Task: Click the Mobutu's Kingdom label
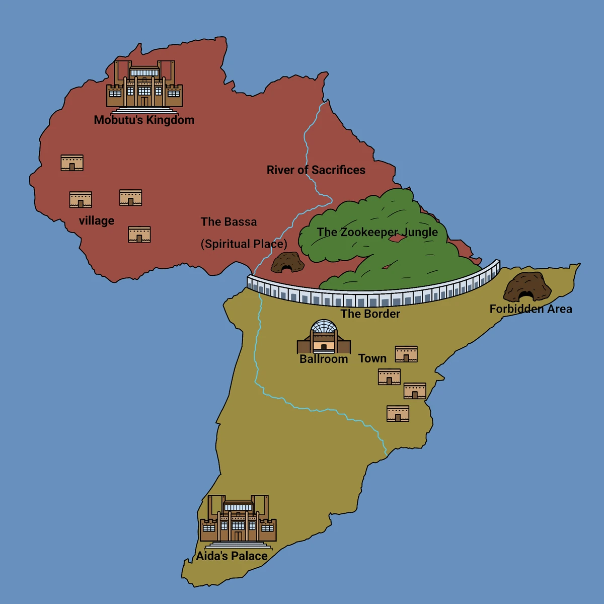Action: tap(144, 120)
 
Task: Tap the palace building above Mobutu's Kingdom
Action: tap(144, 86)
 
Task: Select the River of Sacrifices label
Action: tap(316, 170)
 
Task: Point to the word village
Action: tap(97, 220)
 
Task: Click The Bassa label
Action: tap(229, 222)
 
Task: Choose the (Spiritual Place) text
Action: tap(244, 244)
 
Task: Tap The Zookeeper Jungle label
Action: tap(377, 232)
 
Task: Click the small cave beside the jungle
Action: tap(287, 263)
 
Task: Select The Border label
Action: tap(370, 314)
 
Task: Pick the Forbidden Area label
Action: tap(531, 309)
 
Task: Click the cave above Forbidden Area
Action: tap(527, 287)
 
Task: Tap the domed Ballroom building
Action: tap(323, 337)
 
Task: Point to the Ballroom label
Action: tap(324, 359)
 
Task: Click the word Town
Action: tap(372, 358)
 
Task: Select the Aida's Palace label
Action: tap(232, 556)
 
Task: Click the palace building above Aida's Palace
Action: tap(238, 520)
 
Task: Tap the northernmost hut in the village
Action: tap(72, 163)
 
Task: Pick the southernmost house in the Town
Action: tap(398, 414)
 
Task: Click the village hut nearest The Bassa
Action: tap(139, 235)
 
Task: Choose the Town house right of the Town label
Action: tap(406, 354)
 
